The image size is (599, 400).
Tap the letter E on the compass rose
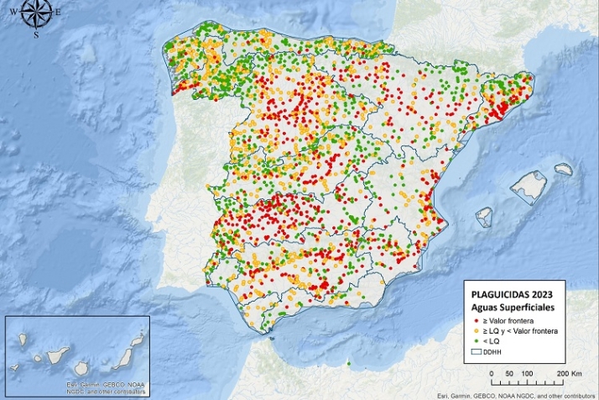click(x=57, y=12)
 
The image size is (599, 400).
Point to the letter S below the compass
click(x=36, y=35)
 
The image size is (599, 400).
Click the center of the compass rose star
click(x=36, y=12)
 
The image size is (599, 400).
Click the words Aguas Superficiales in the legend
click(x=511, y=307)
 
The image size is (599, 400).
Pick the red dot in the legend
click(x=476, y=321)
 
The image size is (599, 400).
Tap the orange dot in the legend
click(x=476, y=332)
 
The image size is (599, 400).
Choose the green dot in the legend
click(x=476, y=342)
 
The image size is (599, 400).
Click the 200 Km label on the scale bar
click(x=570, y=372)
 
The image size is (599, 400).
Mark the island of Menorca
click(x=563, y=169)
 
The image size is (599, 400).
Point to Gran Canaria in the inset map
click(x=81, y=368)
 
